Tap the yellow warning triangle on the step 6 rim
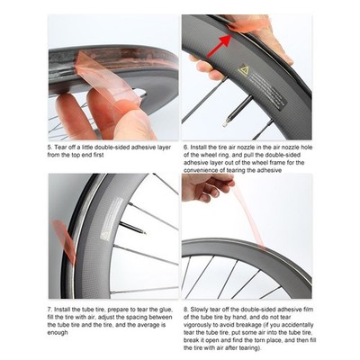click(x=243, y=69)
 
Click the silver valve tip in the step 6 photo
click(x=226, y=123)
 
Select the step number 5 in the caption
click(x=49, y=148)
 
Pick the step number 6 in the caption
click(x=186, y=148)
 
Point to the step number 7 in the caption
click(x=49, y=310)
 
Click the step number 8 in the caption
click(x=186, y=310)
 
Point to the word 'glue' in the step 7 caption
click(x=166, y=310)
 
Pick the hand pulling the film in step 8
click(x=207, y=187)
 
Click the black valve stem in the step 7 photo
click(x=132, y=228)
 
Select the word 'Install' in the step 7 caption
click(x=62, y=310)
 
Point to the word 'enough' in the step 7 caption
click(x=58, y=333)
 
